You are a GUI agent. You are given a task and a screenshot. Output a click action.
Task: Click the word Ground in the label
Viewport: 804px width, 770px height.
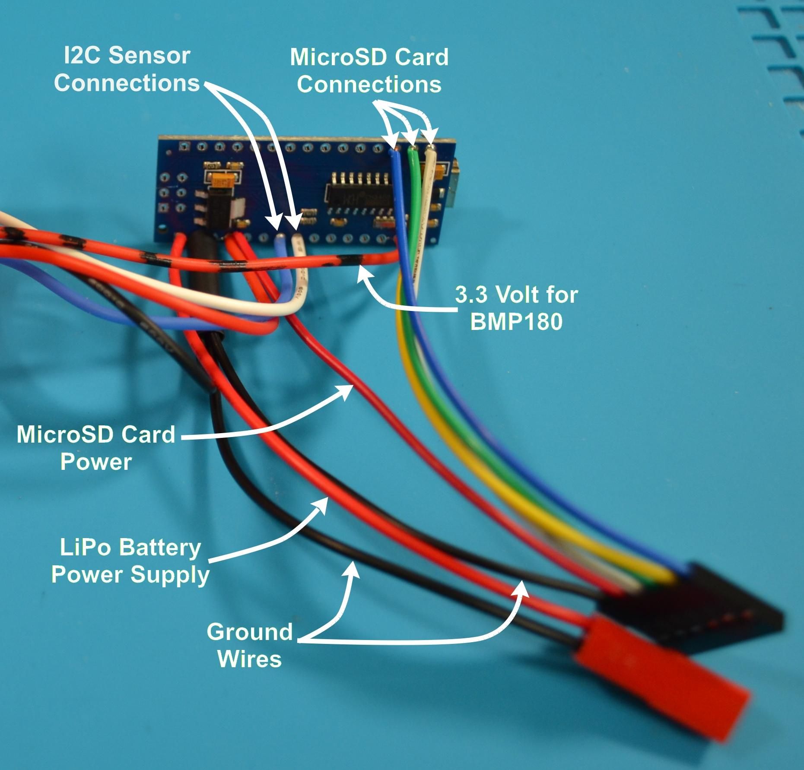point(250,632)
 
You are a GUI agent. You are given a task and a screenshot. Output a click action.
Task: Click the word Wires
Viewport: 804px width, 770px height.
point(250,659)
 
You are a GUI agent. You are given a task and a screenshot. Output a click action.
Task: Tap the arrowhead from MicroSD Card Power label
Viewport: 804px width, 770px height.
point(348,389)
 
